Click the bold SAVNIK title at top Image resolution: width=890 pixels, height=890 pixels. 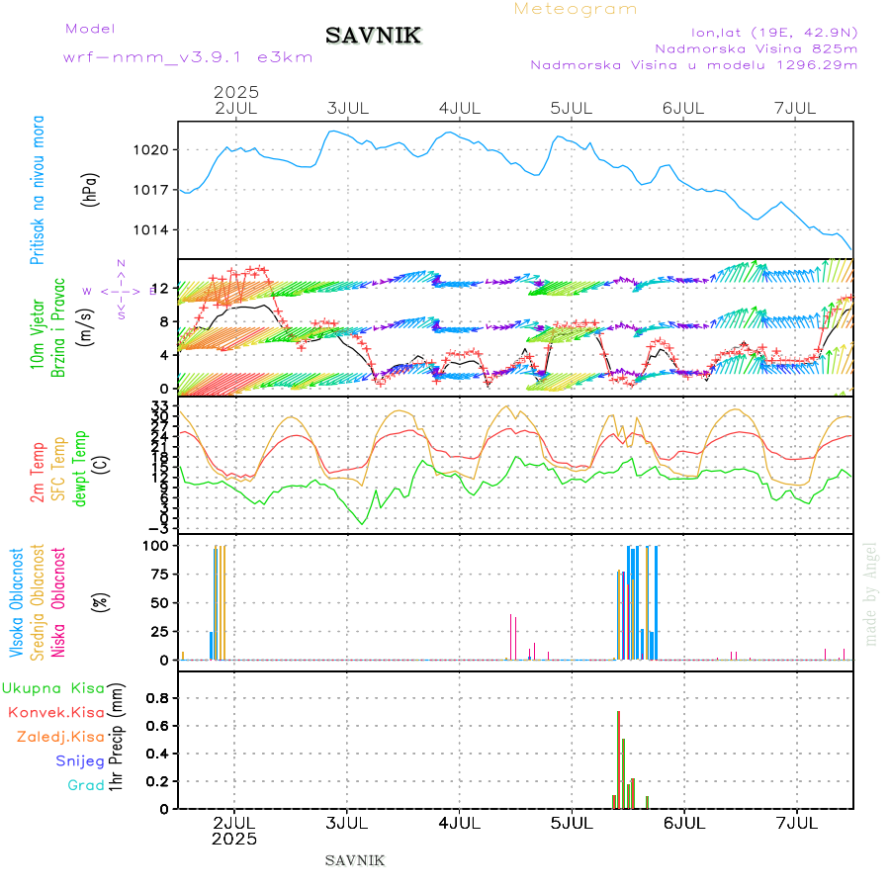373,37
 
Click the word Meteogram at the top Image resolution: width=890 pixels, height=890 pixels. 576,9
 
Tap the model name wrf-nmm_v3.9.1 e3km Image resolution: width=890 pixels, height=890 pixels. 188,57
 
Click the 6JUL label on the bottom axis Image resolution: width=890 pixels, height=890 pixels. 683,823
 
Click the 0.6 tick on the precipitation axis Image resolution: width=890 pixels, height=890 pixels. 157,725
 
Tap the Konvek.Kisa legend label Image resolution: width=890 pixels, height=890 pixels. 56,712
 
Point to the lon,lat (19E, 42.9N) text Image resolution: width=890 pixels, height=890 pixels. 766,31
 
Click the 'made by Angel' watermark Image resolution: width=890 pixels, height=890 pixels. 871,593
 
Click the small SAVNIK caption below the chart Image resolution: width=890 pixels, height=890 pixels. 355,860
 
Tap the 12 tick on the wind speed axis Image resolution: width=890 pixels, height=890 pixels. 160,288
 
